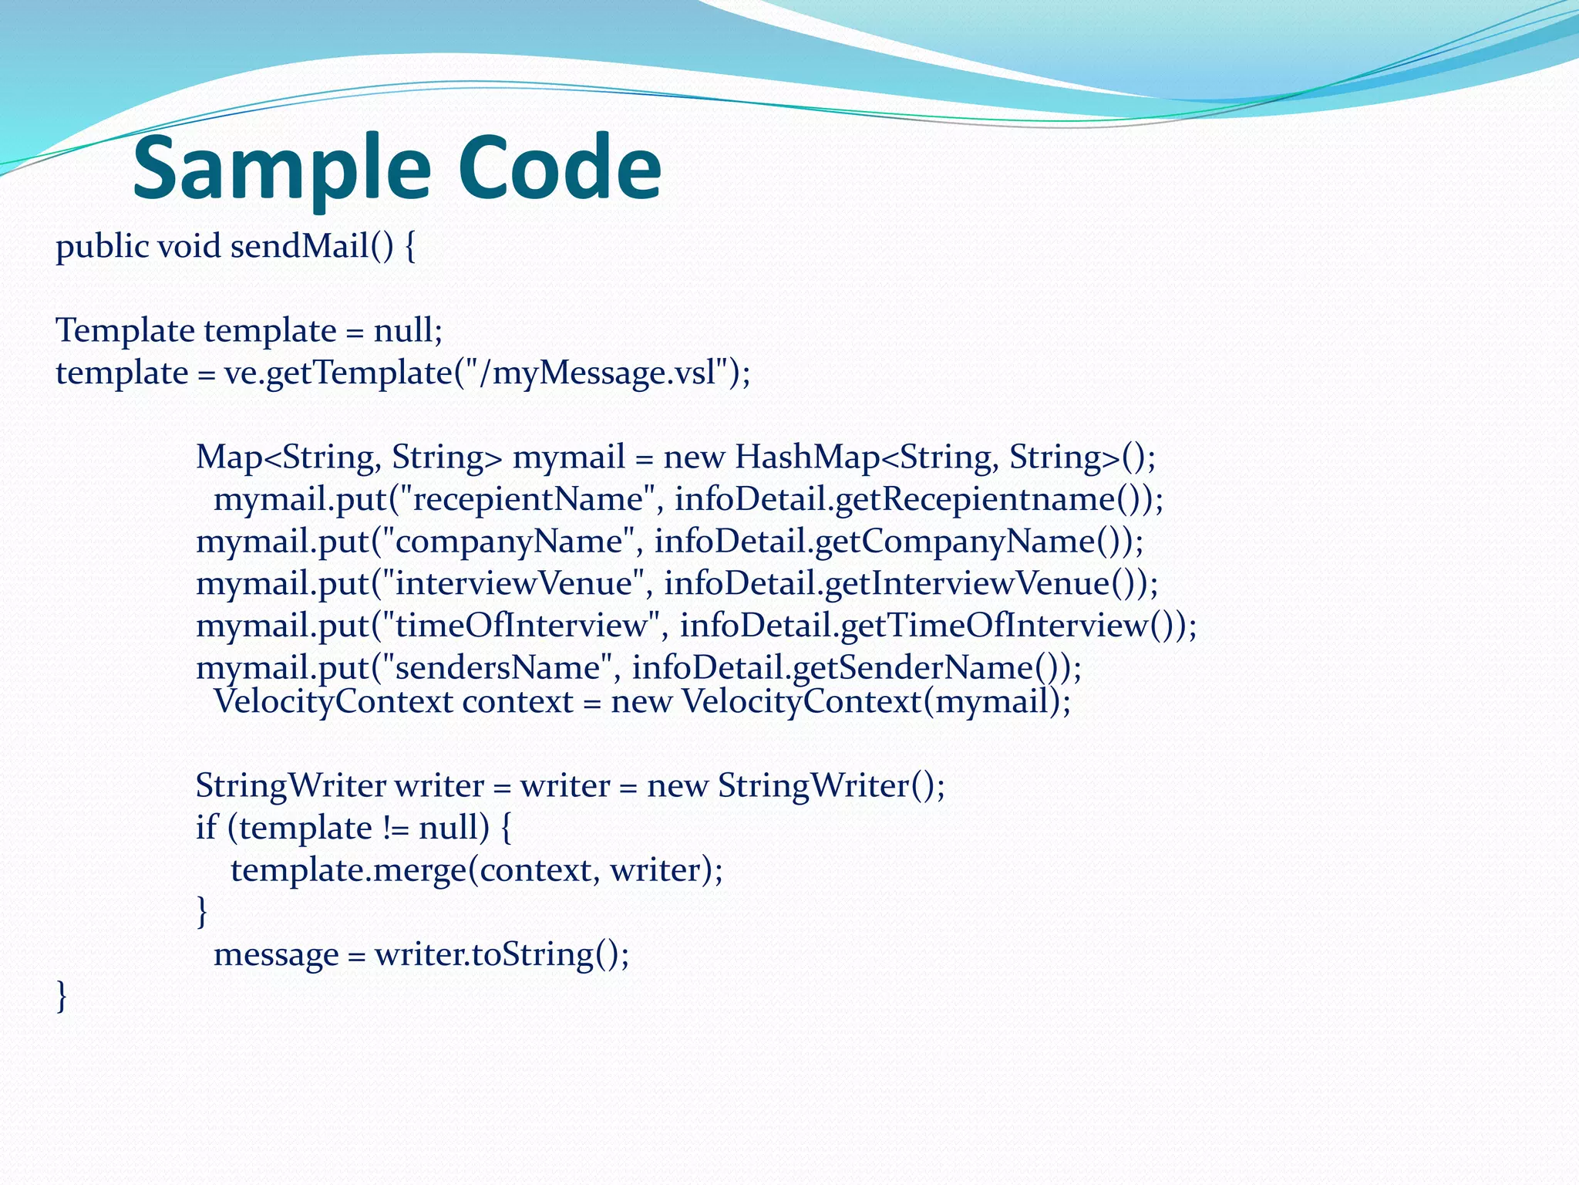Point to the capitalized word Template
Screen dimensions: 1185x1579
point(125,331)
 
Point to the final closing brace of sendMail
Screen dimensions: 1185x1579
point(62,996)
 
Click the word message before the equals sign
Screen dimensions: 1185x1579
point(276,955)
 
